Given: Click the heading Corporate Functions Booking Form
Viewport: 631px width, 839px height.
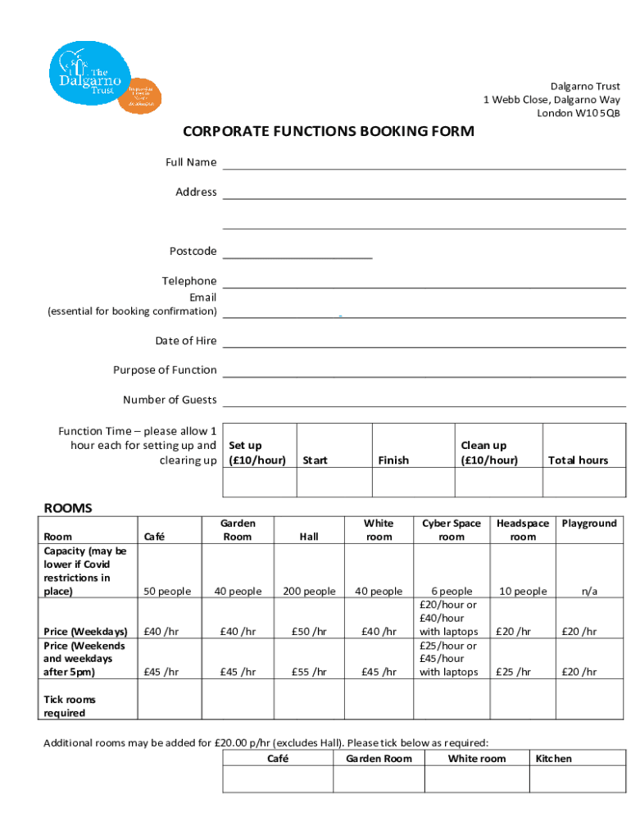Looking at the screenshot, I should tap(328, 132).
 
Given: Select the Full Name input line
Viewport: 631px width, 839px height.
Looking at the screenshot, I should tap(424, 162).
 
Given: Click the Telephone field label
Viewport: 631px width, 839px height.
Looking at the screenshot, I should tap(189, 281).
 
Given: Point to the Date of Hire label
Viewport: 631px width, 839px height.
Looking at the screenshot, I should tap(186, 340).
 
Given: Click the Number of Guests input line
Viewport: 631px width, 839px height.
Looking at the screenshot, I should tap(424, 400).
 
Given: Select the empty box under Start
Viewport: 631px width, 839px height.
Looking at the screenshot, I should tap(334, 483).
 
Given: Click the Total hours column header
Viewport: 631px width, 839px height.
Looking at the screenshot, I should tap(578, 460).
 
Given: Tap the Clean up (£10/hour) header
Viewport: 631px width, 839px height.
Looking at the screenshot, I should tap(489, 453).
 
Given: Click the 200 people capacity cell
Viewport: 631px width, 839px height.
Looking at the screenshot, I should tap(309, 592).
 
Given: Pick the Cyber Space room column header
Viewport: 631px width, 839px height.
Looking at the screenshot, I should tap(451, 530).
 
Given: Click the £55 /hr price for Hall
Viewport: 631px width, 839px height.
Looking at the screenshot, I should tap(309, 672).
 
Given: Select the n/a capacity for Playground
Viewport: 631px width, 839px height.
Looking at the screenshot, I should tap(589, 592).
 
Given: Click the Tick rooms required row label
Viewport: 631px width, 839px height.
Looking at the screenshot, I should tap(70, 706).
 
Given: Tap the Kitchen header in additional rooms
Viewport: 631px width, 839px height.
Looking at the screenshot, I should tap(553, 759).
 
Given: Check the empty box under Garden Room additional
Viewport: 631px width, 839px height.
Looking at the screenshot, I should tap(379, 779).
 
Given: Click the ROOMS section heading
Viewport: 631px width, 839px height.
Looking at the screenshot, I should tap(67, 508).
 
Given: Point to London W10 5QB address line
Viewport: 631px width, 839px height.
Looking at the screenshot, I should tap(578, 113).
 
